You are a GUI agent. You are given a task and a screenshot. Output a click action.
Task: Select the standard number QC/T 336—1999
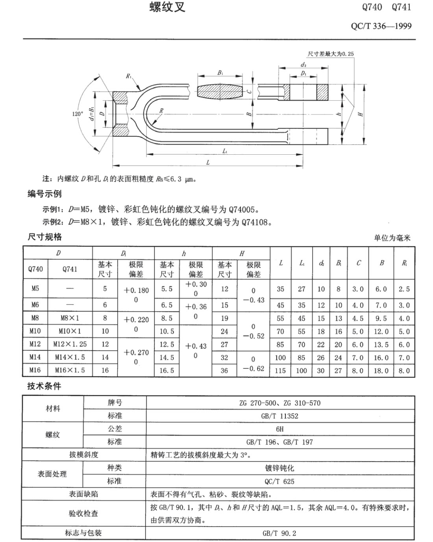click(x=381, y=26)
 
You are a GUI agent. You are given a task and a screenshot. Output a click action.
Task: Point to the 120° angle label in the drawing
click(x=78, y=114)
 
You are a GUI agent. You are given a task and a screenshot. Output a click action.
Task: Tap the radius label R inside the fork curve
click(x=161, y=111)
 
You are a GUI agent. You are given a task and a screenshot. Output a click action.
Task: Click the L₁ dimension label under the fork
click(x=225, y=151)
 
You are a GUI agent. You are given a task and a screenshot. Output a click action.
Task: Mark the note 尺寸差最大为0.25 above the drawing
click(x=331, y=54)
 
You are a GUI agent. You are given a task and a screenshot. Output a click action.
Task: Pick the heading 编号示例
click(x=44, y=194)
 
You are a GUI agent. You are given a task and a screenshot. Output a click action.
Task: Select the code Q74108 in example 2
click(x=257, y=222)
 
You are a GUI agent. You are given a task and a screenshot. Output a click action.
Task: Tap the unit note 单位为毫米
click(x=392, y=238)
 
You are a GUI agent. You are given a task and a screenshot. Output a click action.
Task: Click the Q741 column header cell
click(x=70, y=269)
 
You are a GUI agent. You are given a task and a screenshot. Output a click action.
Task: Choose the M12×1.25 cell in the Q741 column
click(x=70, y=344)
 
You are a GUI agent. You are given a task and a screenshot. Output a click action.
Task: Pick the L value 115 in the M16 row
click(x=280, y=370)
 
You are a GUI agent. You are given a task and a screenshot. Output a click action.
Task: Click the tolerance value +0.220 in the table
click(x=136, y=320)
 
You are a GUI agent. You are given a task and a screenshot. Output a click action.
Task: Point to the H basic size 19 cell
click(x=224, y=318)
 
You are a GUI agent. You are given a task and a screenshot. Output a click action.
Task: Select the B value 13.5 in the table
click(x=381, y=344)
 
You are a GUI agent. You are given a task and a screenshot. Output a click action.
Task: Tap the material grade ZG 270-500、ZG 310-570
click(x=280, y=403)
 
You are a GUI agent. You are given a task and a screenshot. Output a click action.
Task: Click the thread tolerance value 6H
click(x=280, y=429)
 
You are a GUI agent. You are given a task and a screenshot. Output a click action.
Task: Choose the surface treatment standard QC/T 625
click(x=279, y=481)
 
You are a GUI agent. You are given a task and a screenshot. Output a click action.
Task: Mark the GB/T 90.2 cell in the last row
click(x=279, y=533)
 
